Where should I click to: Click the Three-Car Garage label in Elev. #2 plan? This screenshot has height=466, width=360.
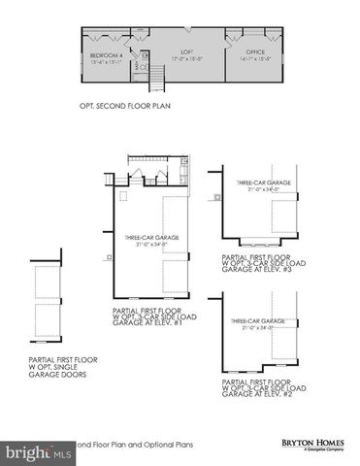point(257,320)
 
